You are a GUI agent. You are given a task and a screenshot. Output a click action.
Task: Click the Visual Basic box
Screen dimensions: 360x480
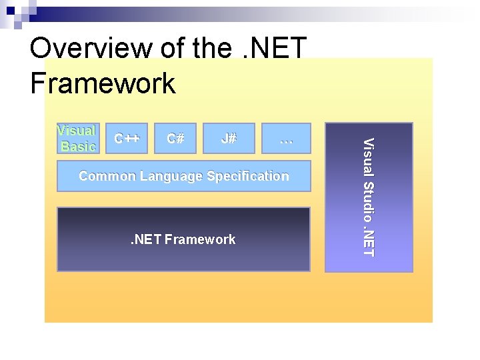coord(77,139)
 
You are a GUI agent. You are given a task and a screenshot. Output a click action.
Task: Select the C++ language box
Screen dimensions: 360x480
coord(127,139)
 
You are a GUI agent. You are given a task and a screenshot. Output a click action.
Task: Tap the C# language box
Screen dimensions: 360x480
coord(176,139)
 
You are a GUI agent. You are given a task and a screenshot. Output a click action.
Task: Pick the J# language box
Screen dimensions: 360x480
coord(229,139)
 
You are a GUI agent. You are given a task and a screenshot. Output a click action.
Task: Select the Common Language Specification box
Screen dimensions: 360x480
coord(184,176)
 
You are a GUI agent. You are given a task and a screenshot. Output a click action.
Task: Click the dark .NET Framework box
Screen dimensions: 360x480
coord(183,239)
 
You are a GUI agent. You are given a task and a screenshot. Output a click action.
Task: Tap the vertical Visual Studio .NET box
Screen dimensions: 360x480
coord(369,197)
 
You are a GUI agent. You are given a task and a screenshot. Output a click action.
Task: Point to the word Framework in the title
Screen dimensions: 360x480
coord(103,84)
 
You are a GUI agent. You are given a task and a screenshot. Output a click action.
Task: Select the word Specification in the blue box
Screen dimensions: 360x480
coord(248,176)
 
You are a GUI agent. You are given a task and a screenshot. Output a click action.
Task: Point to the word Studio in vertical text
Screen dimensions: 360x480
coord(369,199)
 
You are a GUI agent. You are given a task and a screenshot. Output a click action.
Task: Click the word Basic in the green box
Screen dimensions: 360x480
coord(78,146)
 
